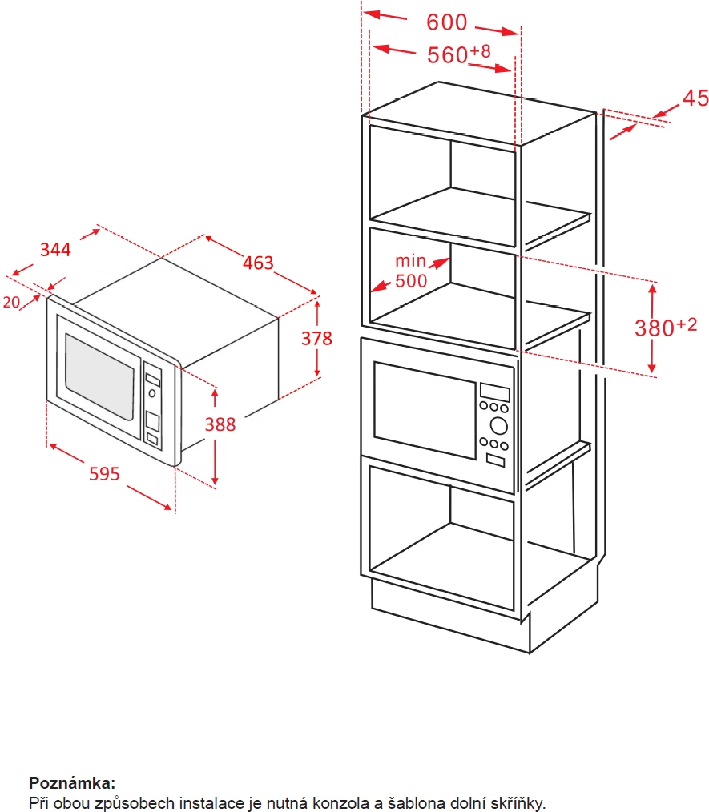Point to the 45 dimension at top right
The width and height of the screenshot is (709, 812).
click(x=695, y=98)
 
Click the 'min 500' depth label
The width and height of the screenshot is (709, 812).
click(x=411, y=271)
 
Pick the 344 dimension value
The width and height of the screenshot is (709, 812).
click(x=56, y=249)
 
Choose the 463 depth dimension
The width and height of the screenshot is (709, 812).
click(x=258, y=263)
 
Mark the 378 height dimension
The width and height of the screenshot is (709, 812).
click(x=316, y=338)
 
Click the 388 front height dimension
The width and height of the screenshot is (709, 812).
click(x=221, y=424)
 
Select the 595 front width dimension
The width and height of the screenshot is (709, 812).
click(x=104, y=474)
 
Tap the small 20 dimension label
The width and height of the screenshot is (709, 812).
click(x=11, y=302)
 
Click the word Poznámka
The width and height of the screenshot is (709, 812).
click(x=72, y=783)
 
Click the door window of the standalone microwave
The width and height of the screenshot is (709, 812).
click(x=99, y=376)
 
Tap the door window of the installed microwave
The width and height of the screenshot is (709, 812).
click(x=424, y=411)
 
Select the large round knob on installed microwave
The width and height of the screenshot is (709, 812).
click(x=498, y=425)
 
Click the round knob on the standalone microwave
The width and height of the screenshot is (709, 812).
click(x=151, y=393)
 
